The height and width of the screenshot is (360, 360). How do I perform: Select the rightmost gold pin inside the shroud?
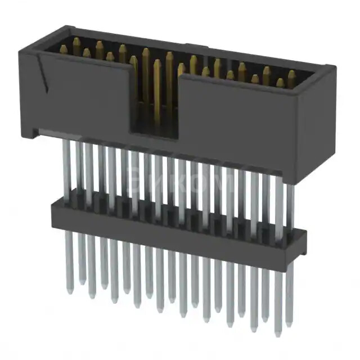pyautogui.click(x=291, y=79)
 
